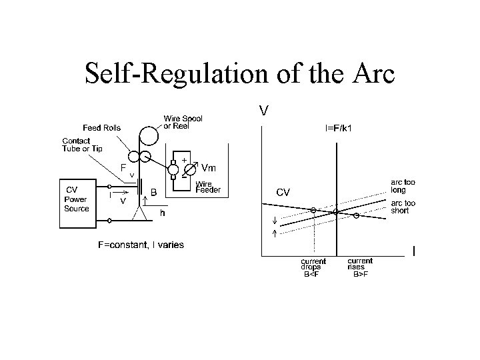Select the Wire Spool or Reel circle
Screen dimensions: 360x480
tap(149, 133)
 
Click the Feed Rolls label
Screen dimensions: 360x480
tap(102, 127)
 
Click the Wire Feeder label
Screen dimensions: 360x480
tap(207, 186)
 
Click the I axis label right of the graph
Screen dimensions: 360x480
tap(414, 251)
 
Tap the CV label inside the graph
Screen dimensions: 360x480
tap(283, 192)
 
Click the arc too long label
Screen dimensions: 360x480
tap(403, 185)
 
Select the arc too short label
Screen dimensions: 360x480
tap(403, 207)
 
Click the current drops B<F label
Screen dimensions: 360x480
tap(313, 267)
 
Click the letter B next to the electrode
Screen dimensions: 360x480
tap(154, 192)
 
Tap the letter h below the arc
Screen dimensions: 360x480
tap(162, 213)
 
